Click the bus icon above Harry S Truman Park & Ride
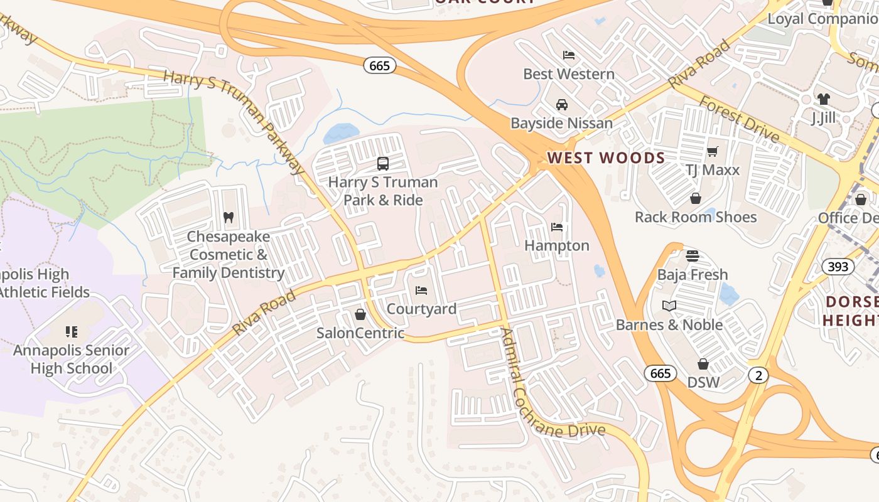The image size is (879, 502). [382, 164]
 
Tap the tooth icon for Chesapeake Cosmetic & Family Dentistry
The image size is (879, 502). [229, 218]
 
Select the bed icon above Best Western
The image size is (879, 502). [569, 55]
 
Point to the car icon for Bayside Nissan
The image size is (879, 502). [562, 105]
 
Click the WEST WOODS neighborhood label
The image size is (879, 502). [606, 158]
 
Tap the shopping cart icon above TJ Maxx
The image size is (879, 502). [712, 151]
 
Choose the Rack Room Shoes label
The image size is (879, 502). [696, 217]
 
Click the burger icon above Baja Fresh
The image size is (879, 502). [693, 256]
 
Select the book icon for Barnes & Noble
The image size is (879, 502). [669, 306]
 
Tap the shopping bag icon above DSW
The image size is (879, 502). [703, 364]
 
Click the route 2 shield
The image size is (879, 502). [758, 375]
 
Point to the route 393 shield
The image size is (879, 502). [838, 266]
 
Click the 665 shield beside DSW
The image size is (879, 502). [661, 373]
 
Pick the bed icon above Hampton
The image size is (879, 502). [557, 227]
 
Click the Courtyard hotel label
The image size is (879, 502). [421, 309]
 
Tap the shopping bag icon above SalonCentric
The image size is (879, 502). [360, 314]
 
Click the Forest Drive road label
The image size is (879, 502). [740, 119]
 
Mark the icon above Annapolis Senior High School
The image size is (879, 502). [71, 331]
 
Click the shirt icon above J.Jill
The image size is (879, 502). [823, 99]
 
